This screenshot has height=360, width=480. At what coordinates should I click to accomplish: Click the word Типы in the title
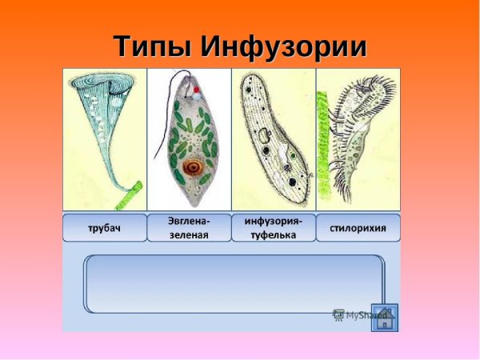tap(152, 46)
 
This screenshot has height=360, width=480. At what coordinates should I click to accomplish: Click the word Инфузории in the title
tap(283, 46)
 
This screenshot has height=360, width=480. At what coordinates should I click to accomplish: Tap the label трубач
tap(105, 229)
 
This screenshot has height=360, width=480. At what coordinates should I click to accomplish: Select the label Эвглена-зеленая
tap(189, 228)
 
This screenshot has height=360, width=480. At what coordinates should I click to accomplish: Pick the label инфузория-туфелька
tap(273, 228)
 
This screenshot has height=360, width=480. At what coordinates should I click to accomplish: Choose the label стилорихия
tap(358, 228)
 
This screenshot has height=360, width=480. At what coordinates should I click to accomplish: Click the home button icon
tap(384, 316)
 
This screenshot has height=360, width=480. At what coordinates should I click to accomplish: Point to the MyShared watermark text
tap(357, 315)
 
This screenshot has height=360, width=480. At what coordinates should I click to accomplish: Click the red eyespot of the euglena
tap(195, 90)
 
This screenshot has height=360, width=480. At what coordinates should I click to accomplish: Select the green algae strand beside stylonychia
tap(323, 148)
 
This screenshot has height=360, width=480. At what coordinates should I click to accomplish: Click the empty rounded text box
tap(234, 284)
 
